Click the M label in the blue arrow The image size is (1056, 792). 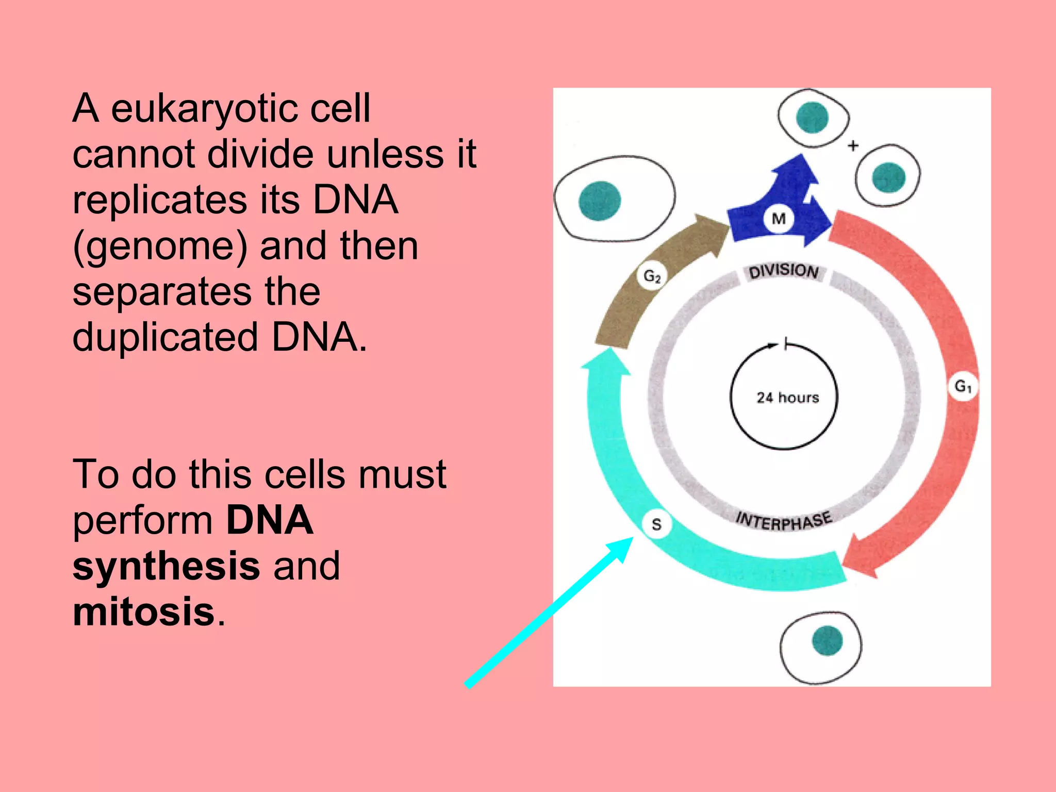[x=779, y=219]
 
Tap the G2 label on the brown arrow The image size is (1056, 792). [x=652, y=277]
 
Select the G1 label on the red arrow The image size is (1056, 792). [x=963, y=386]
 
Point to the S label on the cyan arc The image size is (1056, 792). [x=656, y=524]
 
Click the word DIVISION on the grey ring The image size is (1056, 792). [x=784, y=271]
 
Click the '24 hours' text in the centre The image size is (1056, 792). [x=787, y=398]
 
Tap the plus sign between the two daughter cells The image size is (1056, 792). [x=853, y=146]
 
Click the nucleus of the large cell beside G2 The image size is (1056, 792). [x=599, y=201]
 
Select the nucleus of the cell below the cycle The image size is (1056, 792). [x=827, y=640]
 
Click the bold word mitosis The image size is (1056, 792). [x=143, y=612]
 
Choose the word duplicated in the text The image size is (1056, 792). [x=165, y=337]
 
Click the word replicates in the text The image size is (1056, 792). [x=160, y=200]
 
